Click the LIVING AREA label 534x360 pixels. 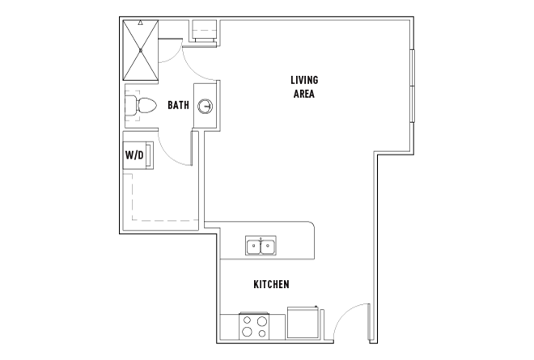[304, 87]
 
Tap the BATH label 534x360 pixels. [178, 105]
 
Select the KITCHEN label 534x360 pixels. [271, 284]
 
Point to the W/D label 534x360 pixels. [134, 155]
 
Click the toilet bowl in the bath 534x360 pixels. [146, 106]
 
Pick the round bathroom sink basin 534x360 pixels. [206, 106]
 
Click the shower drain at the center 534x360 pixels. [140, 50]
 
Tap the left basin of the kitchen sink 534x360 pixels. [254, 246]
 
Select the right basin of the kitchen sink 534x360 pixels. [268, 246]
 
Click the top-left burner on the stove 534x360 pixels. [248, 320]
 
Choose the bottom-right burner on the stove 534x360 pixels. [262, 333]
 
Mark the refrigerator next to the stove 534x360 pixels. [303, 323]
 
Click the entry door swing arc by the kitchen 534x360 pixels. [345, 312]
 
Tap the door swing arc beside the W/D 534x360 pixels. [168, 157]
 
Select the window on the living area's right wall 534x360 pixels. [413, 86]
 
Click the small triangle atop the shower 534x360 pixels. [140, 23]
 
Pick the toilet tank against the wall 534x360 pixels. [131, 106]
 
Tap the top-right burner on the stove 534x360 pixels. [262, 321]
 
